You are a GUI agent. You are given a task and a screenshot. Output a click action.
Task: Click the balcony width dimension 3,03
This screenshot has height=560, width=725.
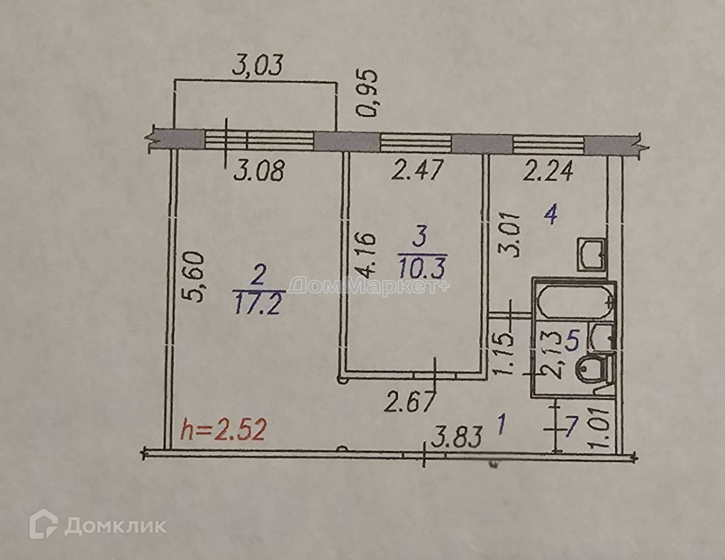tap(257, 65)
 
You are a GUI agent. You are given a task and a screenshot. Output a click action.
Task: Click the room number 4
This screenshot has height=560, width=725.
tap(550, 214)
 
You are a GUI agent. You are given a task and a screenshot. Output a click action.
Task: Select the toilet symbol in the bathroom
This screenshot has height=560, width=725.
tap(593, 370)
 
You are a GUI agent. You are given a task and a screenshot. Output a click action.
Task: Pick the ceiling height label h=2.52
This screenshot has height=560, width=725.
tap(224, 431)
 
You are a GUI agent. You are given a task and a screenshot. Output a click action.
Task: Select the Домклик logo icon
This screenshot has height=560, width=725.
tap(43, 524)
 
